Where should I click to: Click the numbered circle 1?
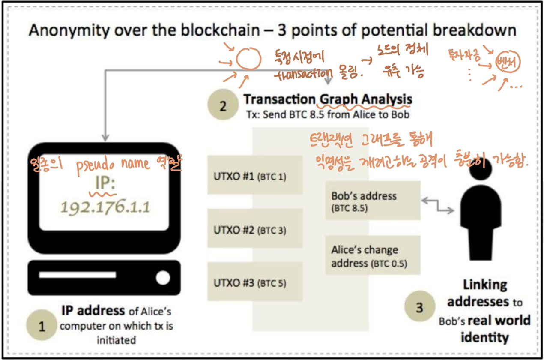[42, 327]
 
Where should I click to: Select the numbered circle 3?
[419, 307]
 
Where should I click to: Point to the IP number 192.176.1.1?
[105, 207]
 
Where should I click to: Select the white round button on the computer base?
[163, 278]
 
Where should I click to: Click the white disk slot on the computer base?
[78, 275]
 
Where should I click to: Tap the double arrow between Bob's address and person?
[438, 205]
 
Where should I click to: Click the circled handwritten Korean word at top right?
[507, 63]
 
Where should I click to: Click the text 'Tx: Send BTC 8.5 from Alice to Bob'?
[328, 114]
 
